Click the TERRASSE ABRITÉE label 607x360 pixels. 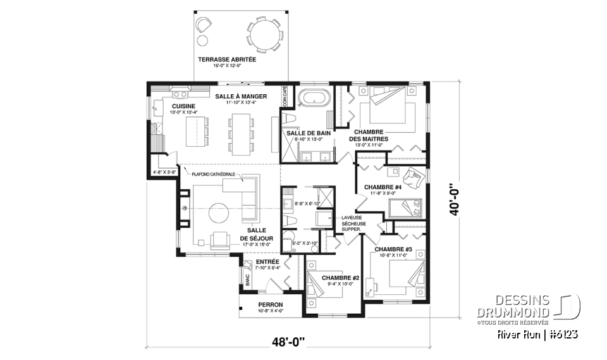click(x=226, y=59)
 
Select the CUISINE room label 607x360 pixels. click(x=183, y=106)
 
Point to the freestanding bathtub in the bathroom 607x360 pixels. click(x=310, y=99)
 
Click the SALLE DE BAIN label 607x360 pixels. click(x=305, y=133)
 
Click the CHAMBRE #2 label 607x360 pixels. click(x=340, y=278)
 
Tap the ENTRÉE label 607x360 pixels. click(x=267, y=261)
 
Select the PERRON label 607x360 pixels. click(x=270, y=304)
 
